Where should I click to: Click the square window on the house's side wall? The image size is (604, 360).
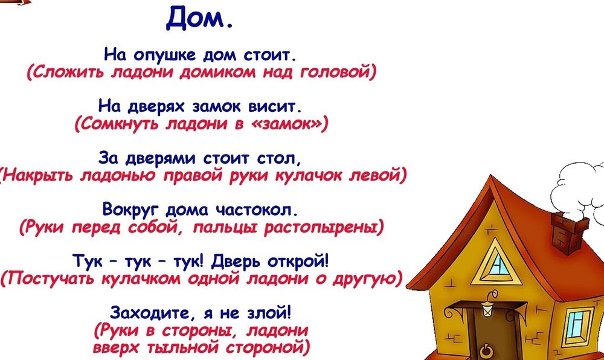point(579,323)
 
